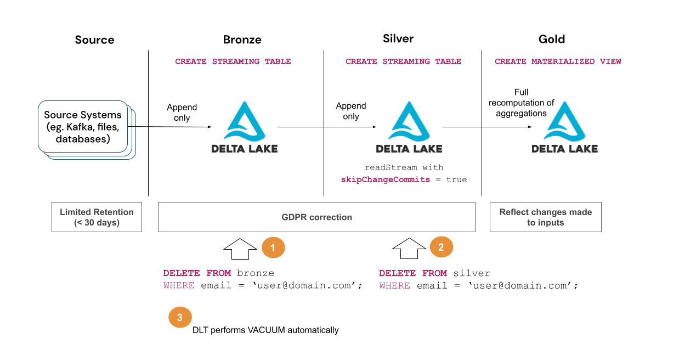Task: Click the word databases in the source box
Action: (x=83, y=139)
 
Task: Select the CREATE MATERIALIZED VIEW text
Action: (x=558, y=61)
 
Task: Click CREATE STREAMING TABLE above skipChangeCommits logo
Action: (x=403, y=61)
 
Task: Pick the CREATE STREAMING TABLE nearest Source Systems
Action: (x=233, y=61)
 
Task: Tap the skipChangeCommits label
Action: (x=386, y=180)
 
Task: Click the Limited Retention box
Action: (x=97, y=217)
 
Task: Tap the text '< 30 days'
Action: (x=97, y=223)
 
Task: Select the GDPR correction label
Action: (x=316, y=217)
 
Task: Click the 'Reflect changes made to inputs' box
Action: (x=545, y=217)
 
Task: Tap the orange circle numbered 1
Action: (x=274, y=248)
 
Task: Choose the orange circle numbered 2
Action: (x=441, y=248)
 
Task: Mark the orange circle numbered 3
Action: (x=180, y=317)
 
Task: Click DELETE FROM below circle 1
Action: (x=197, y=273)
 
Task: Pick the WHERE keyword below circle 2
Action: (x=394, y=285)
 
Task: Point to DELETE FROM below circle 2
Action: (x=413, y=273)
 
